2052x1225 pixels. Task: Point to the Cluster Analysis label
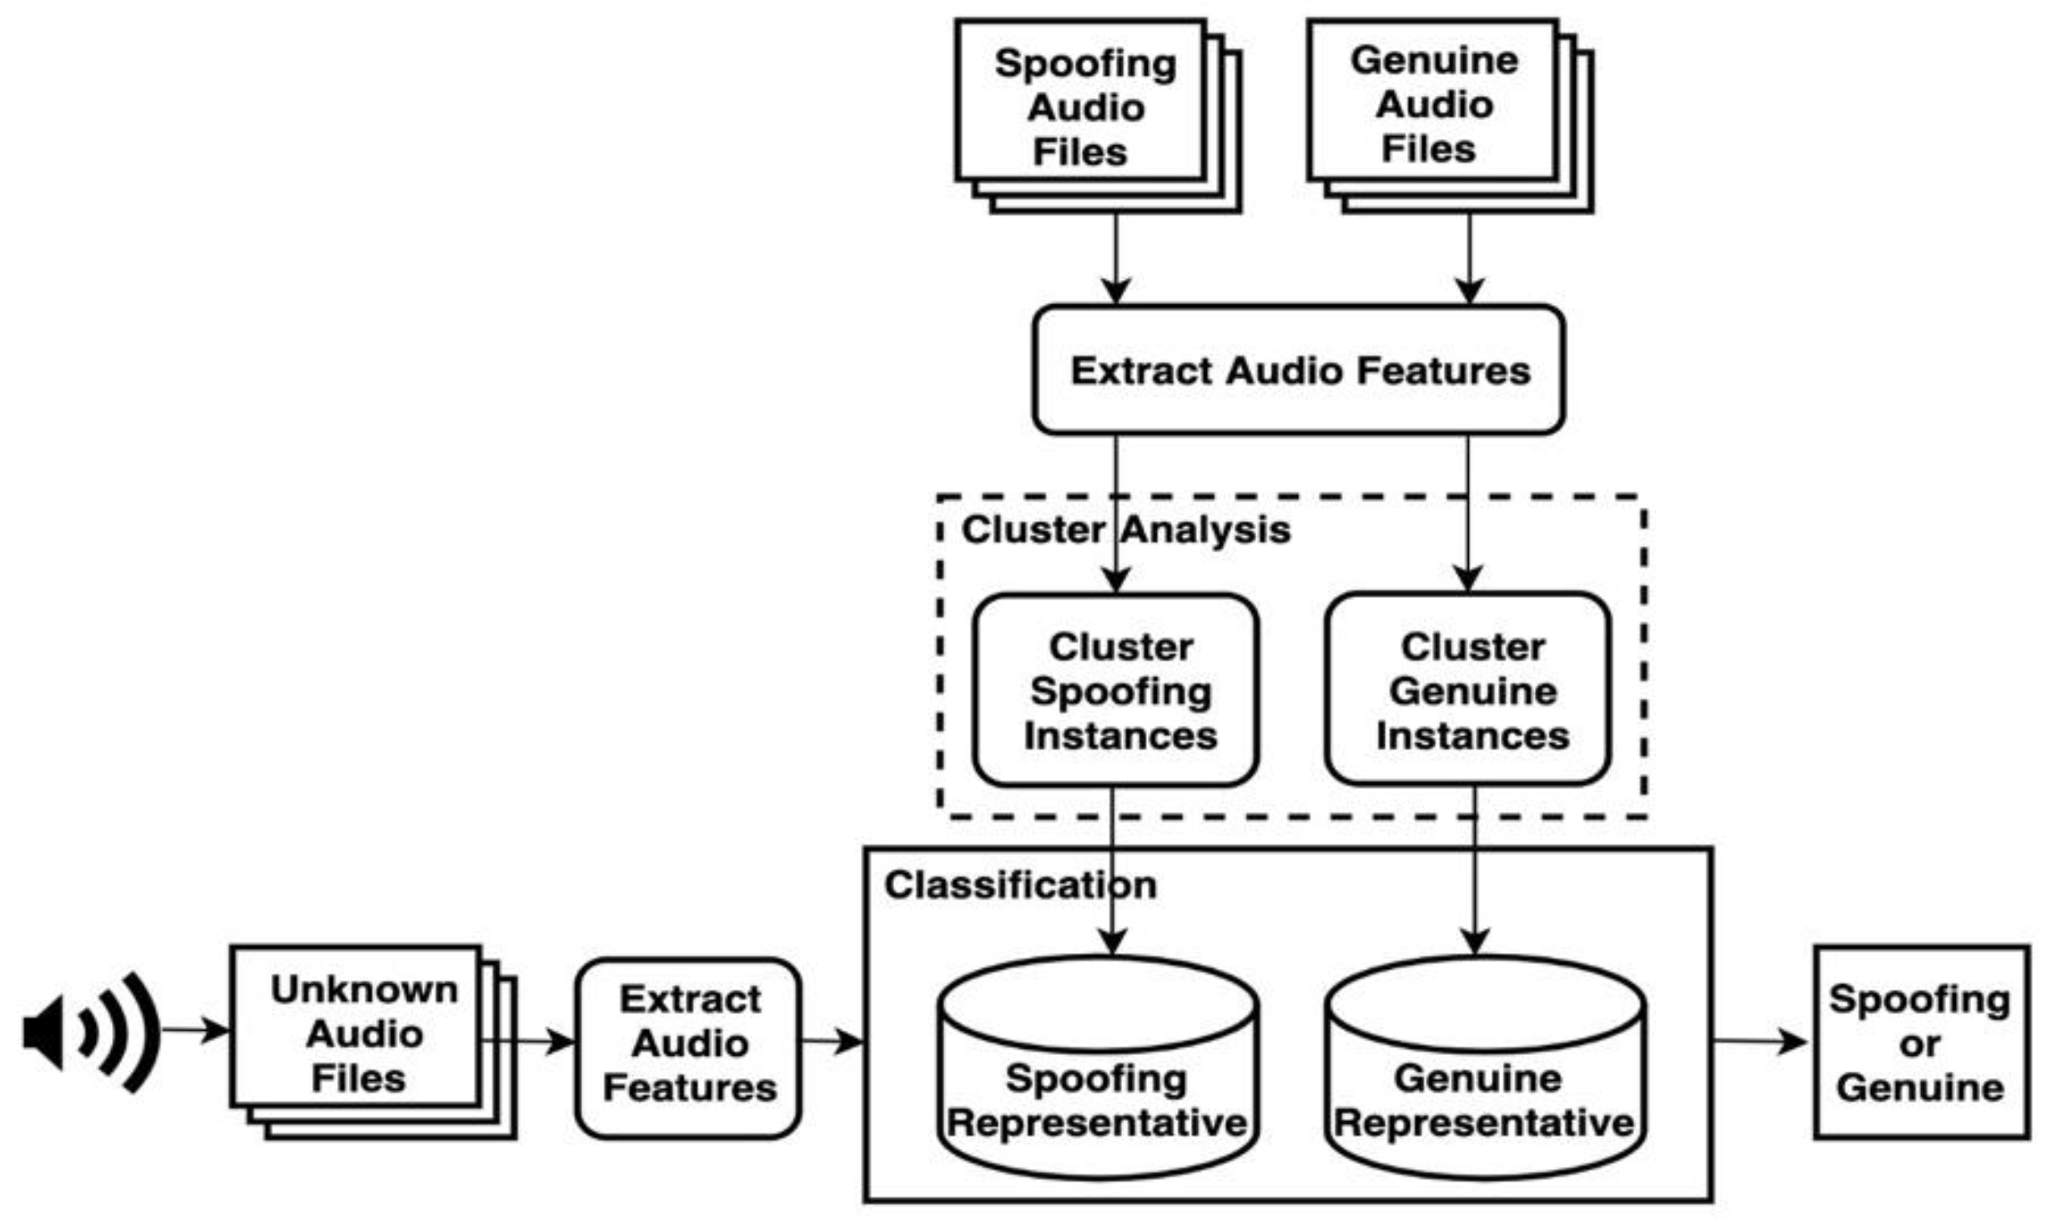coord(1125,530)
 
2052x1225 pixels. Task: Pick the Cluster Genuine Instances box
coord(1468,690)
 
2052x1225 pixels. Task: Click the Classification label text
coord(1019,885)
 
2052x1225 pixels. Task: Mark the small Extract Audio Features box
coord(688,1044)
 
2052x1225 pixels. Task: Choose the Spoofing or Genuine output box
coord(1920,1042)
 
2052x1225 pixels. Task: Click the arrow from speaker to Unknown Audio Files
coord(196,1031)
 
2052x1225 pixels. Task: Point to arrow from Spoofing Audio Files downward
coord(1116,259)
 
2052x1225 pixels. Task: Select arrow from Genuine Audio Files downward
coord(1469,259)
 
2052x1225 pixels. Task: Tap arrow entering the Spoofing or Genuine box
coord(1760,1042)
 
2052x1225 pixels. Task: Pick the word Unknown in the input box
coord(364,990)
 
